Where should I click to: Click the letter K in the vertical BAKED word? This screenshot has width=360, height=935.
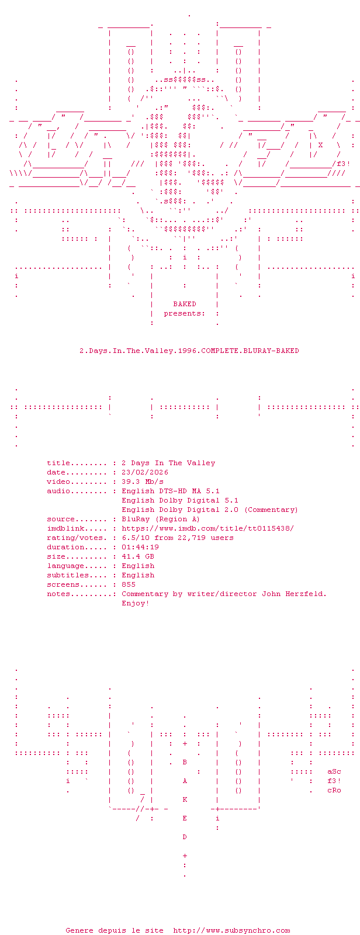click(x=185, y=799)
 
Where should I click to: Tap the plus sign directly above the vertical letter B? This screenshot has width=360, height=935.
click(x=185, y=743)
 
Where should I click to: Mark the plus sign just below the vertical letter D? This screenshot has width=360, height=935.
click(x=185, y=856)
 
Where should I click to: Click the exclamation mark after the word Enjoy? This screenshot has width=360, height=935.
click(x=147, y=603)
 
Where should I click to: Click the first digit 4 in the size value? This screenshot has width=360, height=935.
click(x=124, y=556)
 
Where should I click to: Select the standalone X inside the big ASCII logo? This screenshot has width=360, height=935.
click(x=320, y=145)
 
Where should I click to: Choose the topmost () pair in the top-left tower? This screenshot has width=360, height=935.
click(x=131, y=52)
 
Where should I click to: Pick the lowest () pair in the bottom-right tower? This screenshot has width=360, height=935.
click(x=238, y=790)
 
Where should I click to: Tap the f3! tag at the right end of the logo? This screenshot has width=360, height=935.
click(x=344, y=164)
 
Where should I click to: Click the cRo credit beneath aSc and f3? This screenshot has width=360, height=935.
click(x=334, y=790)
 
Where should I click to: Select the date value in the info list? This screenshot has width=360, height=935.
click(x=145, y=472)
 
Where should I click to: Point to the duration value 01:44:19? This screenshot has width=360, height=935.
click(x=140, y=547)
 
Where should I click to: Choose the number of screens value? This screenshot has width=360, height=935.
click(x=129, y=584)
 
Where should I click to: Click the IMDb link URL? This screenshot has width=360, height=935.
click(x=208, y=528)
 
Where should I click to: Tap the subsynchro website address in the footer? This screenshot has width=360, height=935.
click(x=231, y=930)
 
